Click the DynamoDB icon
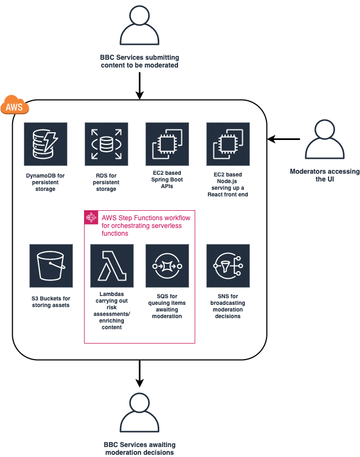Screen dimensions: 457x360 tap(45, 144)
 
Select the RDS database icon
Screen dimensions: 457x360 tap(106, 144)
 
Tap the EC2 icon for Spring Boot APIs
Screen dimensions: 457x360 tap(167, 144)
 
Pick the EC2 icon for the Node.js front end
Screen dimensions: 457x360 tap(228, 144)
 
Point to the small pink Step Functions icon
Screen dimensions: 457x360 tap(91, 217)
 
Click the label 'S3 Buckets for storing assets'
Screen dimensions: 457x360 tap(51, 302)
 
